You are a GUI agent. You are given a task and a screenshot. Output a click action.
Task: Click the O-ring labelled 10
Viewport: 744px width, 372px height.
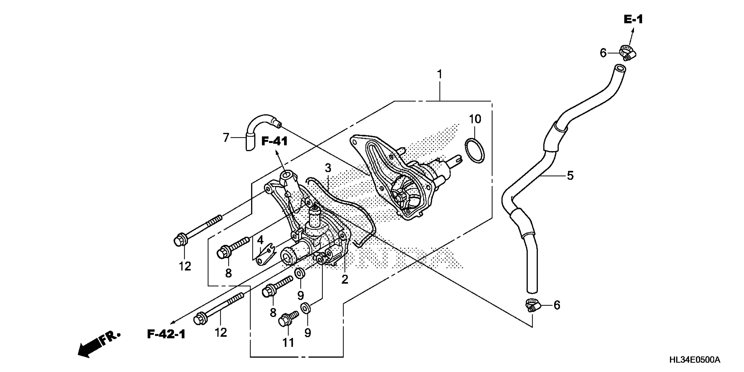click(x=475, y=151)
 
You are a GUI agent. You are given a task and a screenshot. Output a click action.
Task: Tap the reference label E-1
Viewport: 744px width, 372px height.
click(x=633, y=19)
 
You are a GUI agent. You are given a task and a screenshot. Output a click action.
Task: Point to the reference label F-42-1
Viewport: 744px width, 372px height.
click(x=166, y=334)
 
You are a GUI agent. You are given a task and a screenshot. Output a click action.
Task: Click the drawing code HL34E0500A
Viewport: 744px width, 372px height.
click(x=694, y=360)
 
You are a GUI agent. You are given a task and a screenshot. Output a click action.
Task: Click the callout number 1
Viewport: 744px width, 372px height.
click(x=440, y=75)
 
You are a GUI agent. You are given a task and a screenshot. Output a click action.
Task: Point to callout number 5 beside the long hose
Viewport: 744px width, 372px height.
click(x=570, y=175)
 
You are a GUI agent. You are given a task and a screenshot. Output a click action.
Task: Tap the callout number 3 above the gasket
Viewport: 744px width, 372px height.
click(x=328, y=168)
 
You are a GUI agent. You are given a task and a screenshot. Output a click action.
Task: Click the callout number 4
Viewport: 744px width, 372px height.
click(x=260, y=240)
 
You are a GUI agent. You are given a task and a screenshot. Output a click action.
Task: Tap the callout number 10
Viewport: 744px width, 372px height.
click(x=475, y=119)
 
